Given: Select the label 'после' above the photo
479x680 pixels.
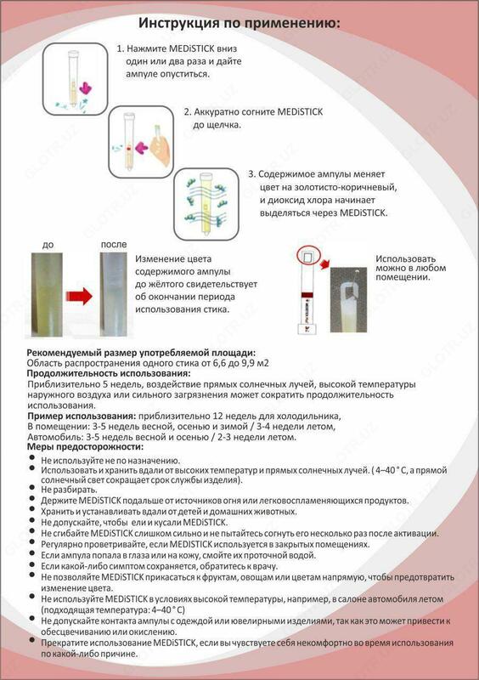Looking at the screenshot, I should pyautogui.click(x=113, y=246).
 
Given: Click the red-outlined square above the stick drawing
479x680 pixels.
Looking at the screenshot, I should pyautogui.click(x=307, y=254).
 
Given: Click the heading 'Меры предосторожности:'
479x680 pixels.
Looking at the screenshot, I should pyautogui.click(x=82, y=447).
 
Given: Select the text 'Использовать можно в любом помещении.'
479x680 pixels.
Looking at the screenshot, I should pyautogui.click(x=414, y=267).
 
